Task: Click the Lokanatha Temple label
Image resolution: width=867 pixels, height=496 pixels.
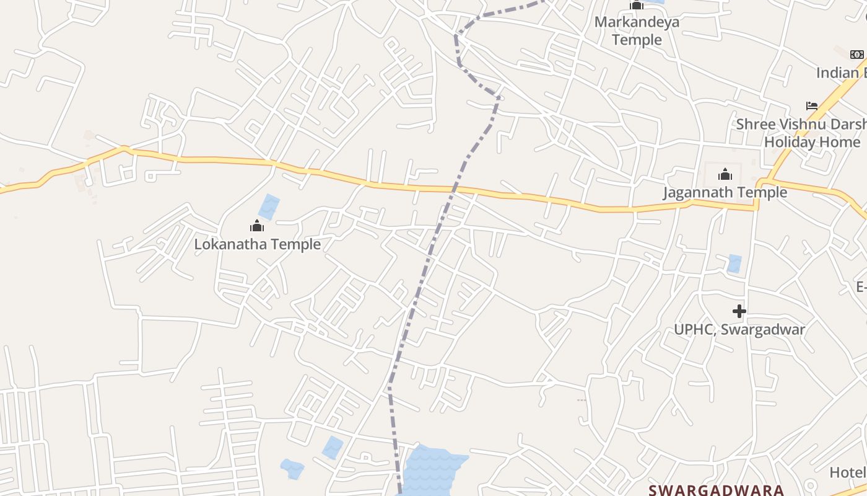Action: [x=258, y=244]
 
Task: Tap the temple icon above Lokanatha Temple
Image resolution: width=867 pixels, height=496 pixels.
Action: [x=257, y=226]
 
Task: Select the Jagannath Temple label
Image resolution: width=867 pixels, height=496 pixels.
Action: [x=725, y=192]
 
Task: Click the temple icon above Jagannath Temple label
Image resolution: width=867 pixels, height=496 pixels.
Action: [x=725, y=174]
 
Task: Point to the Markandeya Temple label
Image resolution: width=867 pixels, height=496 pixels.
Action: [x=637, y=31]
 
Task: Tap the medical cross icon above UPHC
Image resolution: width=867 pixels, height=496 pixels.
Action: [x=739, y=311]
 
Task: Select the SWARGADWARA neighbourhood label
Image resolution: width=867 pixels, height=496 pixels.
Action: [x=716, y=490]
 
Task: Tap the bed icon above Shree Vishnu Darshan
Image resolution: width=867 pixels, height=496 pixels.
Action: [x=811, y=105]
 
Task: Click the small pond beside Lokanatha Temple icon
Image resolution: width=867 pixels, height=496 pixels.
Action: [x=269, y=206]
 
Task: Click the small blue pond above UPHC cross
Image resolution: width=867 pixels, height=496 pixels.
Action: [x=734, y=263]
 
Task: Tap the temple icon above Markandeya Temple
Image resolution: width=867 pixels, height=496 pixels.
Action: [x=637, y=6]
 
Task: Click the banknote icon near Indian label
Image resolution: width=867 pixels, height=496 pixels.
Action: [x=857, y=55]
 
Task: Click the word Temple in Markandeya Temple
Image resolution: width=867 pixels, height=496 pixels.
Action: [x=637, y=40]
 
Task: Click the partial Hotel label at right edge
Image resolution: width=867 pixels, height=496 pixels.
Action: [x=848, y=472]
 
